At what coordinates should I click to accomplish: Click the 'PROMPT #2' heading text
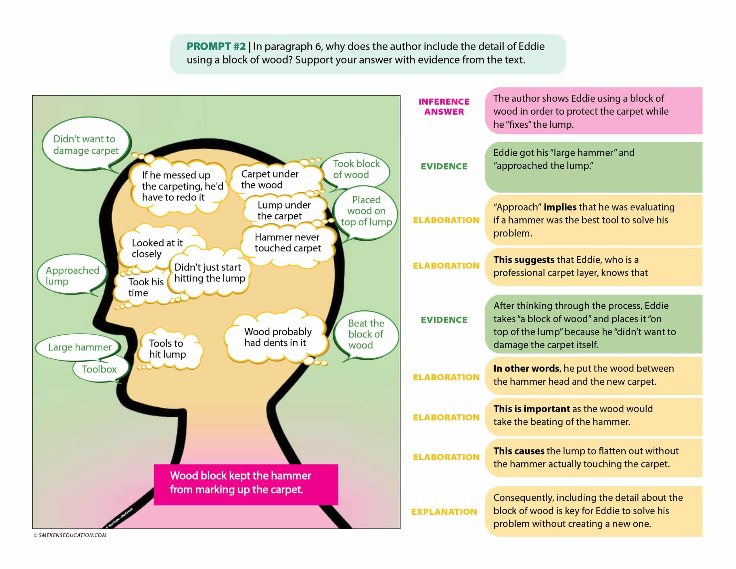tap(216, 46)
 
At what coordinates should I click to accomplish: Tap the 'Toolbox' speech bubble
tap(99, 369)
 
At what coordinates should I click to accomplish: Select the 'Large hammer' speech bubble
tap(80, 347)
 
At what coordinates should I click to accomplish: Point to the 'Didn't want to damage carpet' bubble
tap(86, 145)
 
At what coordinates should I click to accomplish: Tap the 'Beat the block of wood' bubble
tap(366, 334)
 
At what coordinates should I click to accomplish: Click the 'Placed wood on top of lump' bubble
tap(366, 211)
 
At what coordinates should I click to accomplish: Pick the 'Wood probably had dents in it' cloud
tap(277, 337)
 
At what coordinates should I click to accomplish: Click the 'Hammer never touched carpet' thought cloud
tap(287, 243)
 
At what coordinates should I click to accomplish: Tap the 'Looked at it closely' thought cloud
tap(157, 248)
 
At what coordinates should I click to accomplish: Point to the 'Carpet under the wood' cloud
tap(270, 180)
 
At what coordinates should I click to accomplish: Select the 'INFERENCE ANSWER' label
tap(444, 107)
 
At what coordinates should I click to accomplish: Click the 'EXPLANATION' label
tap(444, 512)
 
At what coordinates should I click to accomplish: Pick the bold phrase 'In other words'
tap(526, 368)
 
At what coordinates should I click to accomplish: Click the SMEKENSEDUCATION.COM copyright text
tap(70, 535)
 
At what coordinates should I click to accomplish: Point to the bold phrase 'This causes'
tap(519, 451)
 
